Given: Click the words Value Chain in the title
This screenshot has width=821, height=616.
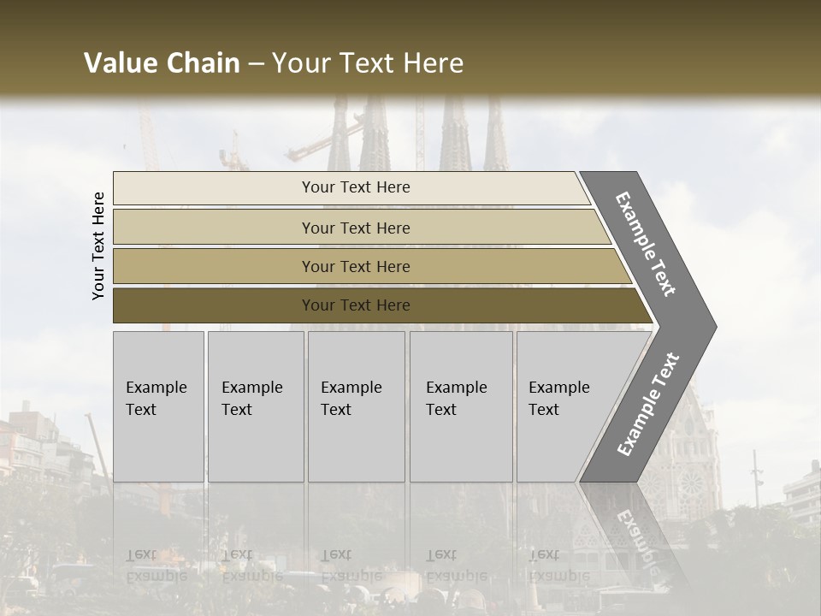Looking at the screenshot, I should pos(162,63).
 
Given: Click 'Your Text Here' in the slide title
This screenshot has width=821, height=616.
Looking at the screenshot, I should pos(368,63).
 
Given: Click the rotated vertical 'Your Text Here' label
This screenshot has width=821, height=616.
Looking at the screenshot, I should pos(98,246).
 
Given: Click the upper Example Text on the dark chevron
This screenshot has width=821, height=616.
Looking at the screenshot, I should pos(646,244).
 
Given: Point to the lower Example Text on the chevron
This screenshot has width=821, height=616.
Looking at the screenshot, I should pos(648,405).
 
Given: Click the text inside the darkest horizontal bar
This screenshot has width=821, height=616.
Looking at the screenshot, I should pos(356,305).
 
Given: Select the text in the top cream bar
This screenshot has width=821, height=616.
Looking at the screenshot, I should pos(356,187).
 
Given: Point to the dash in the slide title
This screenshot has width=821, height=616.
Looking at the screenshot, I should pos(256,64).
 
